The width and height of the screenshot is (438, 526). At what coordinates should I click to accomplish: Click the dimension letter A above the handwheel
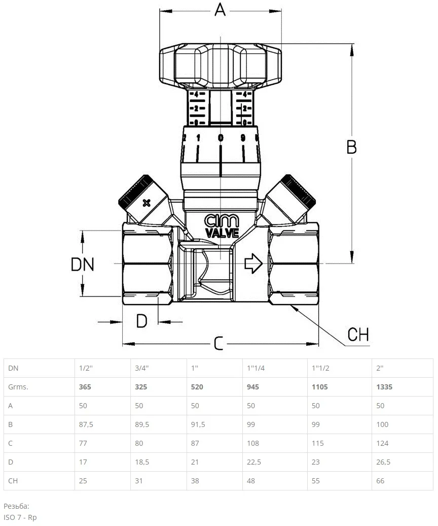click(x=220, y=10)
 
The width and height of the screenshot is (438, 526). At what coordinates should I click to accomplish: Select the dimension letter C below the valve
click(x=218, y=344)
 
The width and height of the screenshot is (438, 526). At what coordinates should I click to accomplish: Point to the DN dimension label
click(x=83, y=265)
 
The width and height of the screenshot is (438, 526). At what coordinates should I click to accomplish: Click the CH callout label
click(x=358, y=335)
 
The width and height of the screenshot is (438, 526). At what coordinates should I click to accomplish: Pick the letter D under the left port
click(x=141, y=321)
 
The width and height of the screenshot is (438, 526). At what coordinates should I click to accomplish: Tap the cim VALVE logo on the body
click(x=222, y=226)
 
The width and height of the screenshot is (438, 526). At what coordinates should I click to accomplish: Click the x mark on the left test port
click(x=147, y=203)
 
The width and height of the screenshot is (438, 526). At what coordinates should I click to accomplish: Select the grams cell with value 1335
click(x=384, y=387)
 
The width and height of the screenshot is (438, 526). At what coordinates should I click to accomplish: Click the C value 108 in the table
click(x=252, y=443)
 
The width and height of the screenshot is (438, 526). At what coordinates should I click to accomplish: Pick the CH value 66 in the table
click(x=380, y=481)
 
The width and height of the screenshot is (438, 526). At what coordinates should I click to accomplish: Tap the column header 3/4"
click(x=142, y=368)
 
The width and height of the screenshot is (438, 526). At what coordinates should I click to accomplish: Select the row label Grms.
click(x=18, y=387)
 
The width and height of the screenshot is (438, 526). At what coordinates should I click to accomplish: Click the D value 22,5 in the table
click(x=254, y=462)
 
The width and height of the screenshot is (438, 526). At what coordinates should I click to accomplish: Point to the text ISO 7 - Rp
click(x=20, y=517)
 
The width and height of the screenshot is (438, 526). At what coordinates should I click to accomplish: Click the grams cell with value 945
click(x=253, y=387)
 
